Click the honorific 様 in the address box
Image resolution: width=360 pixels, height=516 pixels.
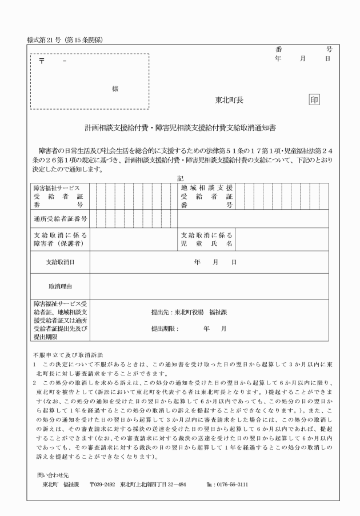coord(115,89)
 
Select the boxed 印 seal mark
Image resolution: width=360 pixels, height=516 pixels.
coord(314,99)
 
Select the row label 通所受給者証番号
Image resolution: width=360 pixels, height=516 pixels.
coord(58,218)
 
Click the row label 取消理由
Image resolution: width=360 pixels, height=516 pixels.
coord(61,285)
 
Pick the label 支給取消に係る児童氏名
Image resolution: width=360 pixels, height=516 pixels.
coord(206,240)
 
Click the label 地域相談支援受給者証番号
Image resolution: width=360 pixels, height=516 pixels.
coord(206,196)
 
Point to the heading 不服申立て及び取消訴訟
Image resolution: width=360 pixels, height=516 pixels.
coord(63,355)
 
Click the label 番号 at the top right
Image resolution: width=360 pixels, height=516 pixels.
coord(303,50)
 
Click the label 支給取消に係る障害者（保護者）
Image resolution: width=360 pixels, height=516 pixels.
coord(58,240)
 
